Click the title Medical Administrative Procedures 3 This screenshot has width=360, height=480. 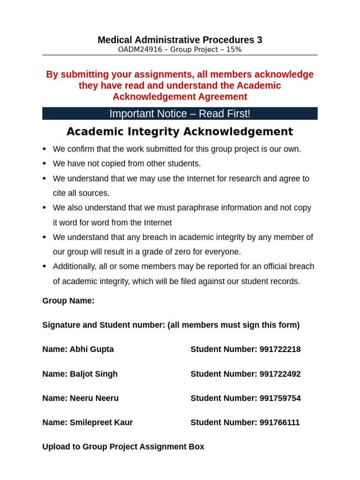[x=180, y=40]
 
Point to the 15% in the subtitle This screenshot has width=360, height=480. [x=233, y=50]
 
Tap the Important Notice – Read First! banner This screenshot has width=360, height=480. [x=180, y=113]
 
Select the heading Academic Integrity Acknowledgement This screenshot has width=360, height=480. [x=180, y=132]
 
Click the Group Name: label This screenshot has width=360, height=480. [x=68, y=301]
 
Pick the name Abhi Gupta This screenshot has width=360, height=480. [x=91, y=349]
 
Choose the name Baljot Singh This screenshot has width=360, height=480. [x=93, y=374]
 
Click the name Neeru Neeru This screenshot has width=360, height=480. [x=94, y=398]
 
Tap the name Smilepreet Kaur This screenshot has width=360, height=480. [x=101, y=423]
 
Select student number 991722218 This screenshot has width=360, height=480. [x=280, y=349]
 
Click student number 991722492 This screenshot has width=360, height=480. [x=280, y=374]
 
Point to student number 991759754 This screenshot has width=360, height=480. [x=280, y=398]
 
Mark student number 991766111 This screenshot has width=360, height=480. [x=279, y=423]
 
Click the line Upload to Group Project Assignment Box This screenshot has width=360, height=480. [x=123, y=447]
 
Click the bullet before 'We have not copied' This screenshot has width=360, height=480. [x=45, y=164]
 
